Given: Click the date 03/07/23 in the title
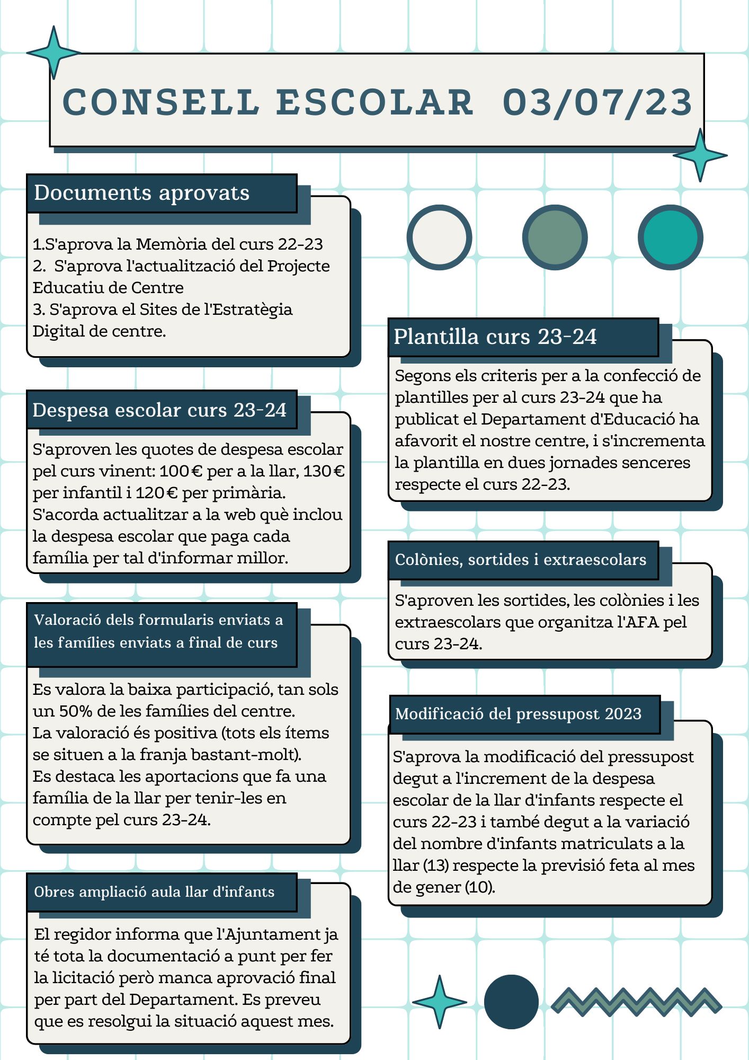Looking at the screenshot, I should (x=597, y=102).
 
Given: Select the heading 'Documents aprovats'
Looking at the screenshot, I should (x=141, y=193).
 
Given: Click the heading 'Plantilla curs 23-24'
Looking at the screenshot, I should (x=495, y=337).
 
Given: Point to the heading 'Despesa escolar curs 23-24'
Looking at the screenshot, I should (x=159, y=410).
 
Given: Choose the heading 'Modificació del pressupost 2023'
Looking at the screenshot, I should (x=518, y=714).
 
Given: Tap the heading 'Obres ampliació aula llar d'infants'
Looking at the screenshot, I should (x=154, y=892).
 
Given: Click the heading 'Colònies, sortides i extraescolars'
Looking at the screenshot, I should (x=520, y=560).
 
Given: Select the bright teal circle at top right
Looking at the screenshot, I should (x=670, y=237).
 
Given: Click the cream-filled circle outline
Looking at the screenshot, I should (x=439, y=237).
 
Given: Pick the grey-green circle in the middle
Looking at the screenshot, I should (x=555, y=237).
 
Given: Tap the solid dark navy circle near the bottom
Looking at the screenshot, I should (x=511, y=1002).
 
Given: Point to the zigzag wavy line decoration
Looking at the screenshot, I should (x=636, y=1001).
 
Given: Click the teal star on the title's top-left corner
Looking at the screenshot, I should (x=53, y=53).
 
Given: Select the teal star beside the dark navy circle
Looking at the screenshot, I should (x=439, y=1002).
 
